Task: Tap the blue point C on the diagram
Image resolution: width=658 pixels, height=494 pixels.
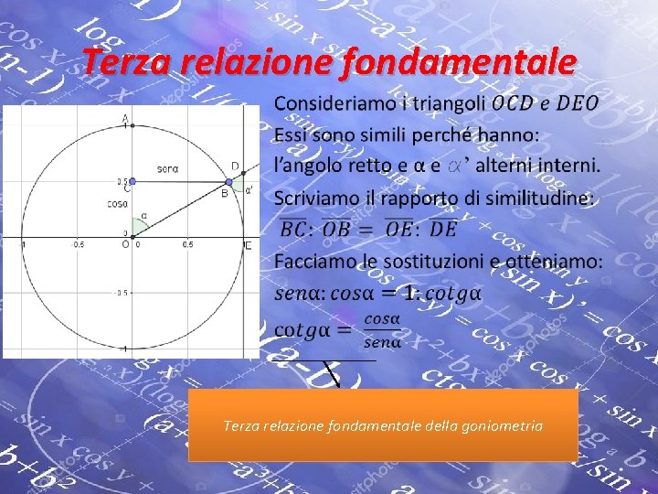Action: [130, 181]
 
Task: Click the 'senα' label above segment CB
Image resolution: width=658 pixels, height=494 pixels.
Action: [167, 168]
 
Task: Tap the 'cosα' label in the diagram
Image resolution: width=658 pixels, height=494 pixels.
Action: [116, 203]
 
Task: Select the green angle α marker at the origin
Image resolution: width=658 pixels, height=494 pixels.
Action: [138, 224]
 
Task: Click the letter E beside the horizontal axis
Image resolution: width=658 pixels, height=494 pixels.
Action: [249, 245]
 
